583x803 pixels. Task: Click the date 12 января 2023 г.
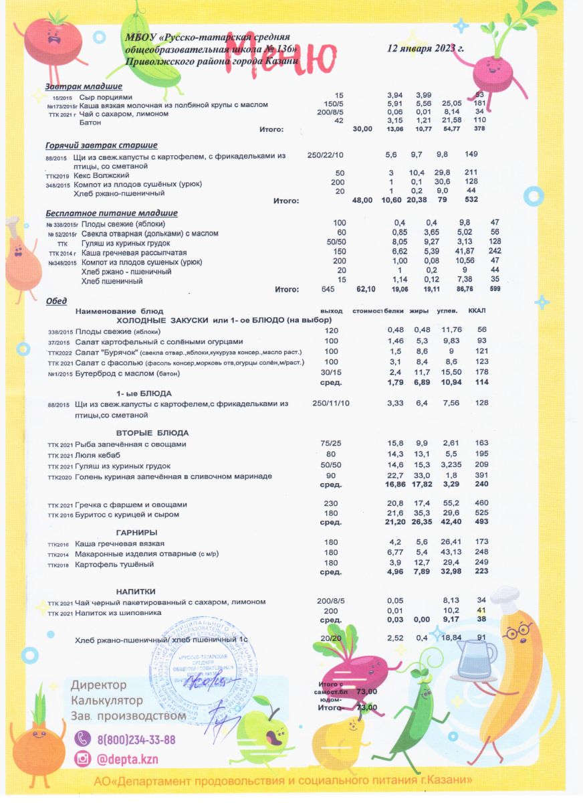tap(426, 49)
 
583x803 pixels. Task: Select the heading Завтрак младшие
tap(84, 87)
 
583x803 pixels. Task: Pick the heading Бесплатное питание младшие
tap(111, 213)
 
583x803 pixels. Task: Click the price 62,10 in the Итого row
tap(364, 289)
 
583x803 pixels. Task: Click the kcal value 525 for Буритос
tap(479, 514)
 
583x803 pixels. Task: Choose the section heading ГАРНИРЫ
tap(136, 532)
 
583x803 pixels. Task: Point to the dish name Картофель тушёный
tap(115, 564)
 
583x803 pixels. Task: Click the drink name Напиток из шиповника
tap(119, 612)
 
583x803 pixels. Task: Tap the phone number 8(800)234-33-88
tap(136, 739)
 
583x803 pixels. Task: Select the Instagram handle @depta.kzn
tap(128, 760)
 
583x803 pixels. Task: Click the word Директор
tap(99, 685)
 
